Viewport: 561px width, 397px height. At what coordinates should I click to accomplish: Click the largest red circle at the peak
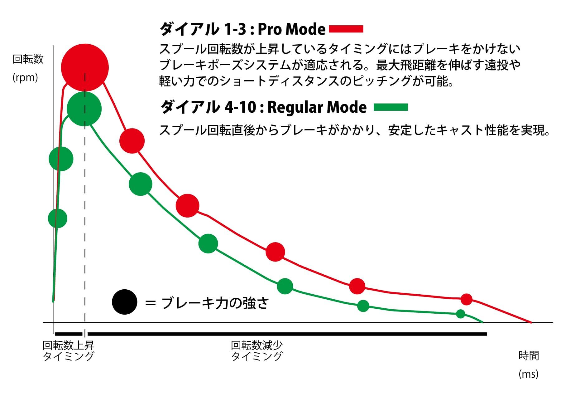[85, 67]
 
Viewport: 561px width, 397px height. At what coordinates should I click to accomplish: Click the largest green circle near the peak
[84, 109]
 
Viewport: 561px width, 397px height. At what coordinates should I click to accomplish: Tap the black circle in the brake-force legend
[125, 302]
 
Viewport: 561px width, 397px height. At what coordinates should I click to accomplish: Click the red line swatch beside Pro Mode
[346, 29]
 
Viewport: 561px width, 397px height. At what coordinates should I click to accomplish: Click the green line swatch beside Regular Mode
[391, 107]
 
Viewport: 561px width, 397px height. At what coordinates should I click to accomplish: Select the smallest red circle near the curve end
[466, 299]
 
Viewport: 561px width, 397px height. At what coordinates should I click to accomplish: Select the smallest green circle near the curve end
[460, 314]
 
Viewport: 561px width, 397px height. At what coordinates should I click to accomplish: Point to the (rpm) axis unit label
[25, 77]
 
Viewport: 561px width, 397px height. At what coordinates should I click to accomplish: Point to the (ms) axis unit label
[528, 374]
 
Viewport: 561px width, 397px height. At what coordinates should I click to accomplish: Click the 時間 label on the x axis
[529, 355]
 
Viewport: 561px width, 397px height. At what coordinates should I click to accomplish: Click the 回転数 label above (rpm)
[28, 59]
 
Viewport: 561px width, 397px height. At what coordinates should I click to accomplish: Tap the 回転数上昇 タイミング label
[68, 351]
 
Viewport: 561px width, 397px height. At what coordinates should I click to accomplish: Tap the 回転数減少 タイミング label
[257, 351]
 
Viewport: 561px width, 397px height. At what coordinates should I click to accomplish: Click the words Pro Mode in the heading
[291, 29]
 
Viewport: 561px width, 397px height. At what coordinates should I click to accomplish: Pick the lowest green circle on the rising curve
[58, 218]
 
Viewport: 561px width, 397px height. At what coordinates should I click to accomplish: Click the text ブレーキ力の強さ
[215, 303]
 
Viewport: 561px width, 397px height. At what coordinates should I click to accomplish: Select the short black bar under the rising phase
[69, 334]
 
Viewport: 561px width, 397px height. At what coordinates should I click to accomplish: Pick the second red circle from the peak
[132, 141]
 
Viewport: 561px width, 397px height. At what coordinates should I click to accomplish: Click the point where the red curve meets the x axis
[531, 322]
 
